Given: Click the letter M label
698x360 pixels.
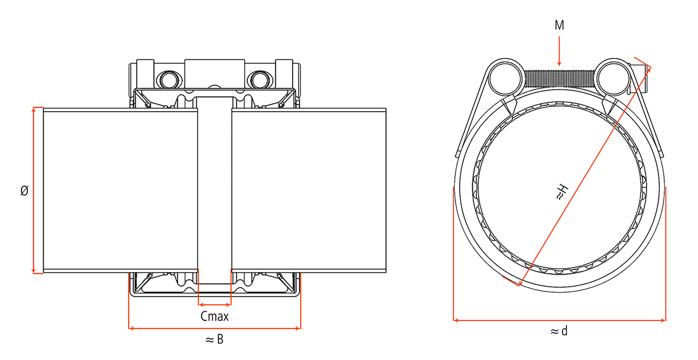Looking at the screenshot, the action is (560, 25).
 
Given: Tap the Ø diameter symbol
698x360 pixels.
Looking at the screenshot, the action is (24, 190).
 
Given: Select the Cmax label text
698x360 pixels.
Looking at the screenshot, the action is (215, 317).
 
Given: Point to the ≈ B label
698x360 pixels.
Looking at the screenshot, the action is (215, 339).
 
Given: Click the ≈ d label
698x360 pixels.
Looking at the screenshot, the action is (560, 331).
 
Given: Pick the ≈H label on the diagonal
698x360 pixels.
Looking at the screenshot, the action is (562, 193).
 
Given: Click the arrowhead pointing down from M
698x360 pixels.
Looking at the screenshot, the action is (560, 63).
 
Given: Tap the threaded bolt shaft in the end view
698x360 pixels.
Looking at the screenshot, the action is (560, 79).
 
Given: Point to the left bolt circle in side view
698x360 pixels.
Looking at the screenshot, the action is (169, 80).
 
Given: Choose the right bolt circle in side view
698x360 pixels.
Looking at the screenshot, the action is (259, 80).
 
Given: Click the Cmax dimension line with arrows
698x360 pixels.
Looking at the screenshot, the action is (215, 305).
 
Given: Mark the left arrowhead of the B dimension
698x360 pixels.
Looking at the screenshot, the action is (131, 328).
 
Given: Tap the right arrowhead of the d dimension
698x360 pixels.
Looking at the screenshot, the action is (663, 320).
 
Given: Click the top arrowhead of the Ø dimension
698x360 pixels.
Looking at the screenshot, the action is (34, 110).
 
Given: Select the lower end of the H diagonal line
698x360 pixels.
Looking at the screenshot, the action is (519, 285).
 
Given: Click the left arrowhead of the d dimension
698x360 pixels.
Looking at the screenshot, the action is (456, 320).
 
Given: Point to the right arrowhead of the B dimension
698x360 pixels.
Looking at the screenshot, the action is (298, 328).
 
